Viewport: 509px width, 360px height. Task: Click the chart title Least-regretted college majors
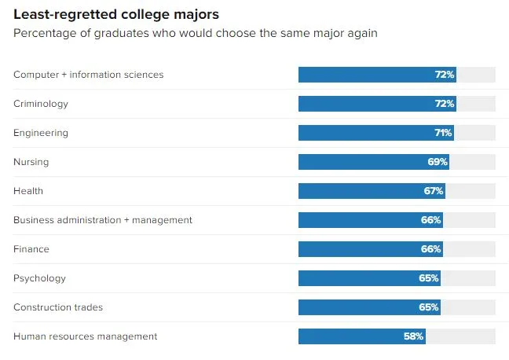[115, 15]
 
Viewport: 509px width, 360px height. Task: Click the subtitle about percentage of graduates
[195, 33]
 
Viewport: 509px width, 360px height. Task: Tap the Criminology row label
[41, 104]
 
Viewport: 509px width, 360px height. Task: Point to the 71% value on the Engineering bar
[443, 133]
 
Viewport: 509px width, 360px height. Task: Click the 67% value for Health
[434, 191]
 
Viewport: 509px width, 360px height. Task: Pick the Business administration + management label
[103, 220]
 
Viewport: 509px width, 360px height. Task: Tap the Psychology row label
[39, 278]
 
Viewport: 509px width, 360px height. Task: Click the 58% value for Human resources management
[415, 336]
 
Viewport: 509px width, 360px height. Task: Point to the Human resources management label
[85, 336]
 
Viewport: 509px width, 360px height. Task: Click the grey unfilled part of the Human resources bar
[460, 336]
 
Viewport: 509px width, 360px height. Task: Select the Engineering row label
[41, 133]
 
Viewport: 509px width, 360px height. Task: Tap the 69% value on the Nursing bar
[438, 162]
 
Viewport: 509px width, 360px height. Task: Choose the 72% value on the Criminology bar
[445, 104]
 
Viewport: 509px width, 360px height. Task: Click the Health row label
[28, 191]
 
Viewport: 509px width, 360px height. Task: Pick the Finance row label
[31, 249]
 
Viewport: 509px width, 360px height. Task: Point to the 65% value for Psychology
[430, 278]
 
